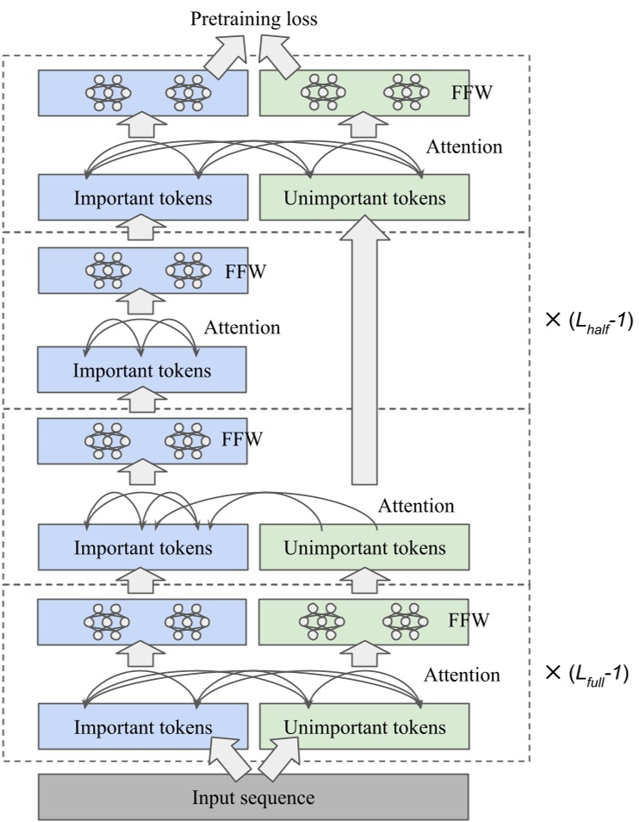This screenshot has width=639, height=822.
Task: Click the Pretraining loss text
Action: [254, 18]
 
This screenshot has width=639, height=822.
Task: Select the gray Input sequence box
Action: [253, 796]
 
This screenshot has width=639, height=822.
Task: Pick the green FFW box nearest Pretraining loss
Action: [364, 94]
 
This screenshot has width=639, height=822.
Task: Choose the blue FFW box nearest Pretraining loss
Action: [143, 94]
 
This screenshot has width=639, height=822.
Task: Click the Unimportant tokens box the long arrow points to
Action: [364, 197]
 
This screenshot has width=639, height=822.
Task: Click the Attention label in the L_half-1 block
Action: [242, 327]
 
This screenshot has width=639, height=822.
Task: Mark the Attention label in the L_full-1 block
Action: [463, 675]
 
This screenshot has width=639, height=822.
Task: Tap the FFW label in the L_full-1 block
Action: [468, 620]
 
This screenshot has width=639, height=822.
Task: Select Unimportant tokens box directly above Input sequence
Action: [364, 726]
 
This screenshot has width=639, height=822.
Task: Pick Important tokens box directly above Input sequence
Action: [143, 726]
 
